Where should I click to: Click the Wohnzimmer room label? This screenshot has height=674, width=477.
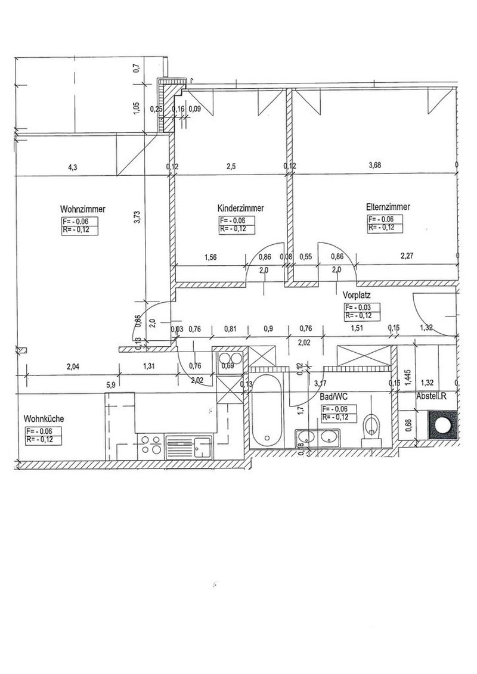pyautogui.click(x=83, y=210)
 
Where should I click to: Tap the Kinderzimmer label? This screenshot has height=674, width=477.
pyautogui.click(x=241, y=209)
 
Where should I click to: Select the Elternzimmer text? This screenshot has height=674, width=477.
pyautogui.click(x=388, y=207)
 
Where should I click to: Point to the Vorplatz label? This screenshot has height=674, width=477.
pyautogui.click(x=357, y=295)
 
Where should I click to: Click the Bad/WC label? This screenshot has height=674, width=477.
pyautogui.click(x=334, y=396)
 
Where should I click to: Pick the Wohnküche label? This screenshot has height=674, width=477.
pyautogui.click(x=44, y=419)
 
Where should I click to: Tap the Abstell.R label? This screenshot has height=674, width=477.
pyautogui.click(x=435, y=396)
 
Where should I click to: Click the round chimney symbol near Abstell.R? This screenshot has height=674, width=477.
pyautogui.click(x=443, y=427)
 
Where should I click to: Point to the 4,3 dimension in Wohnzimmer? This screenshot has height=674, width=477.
pyautogui.click(x=73, y=167)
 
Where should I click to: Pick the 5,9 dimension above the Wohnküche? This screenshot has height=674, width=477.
pyautogui.click(x=111, y=385)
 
